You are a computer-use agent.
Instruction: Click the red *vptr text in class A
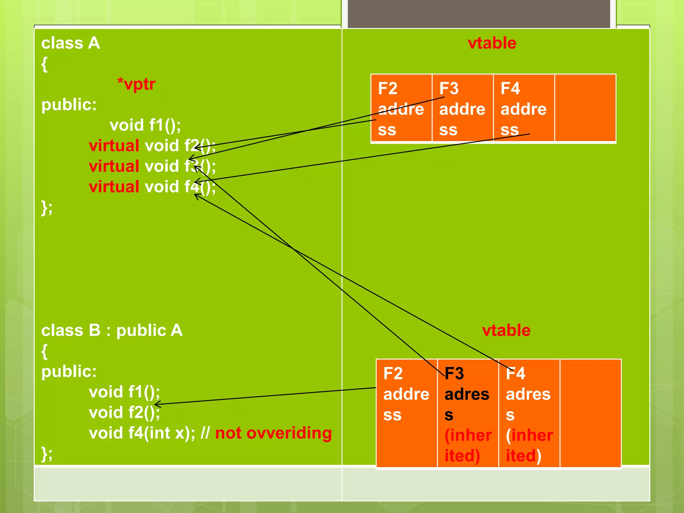(x=136, y=84)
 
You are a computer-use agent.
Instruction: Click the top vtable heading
(x=492, y=43)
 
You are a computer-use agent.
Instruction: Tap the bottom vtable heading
(x=506, y=330)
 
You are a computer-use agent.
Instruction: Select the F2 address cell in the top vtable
(x=401, y=109)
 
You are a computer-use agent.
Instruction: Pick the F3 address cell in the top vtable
(x=463, y=109)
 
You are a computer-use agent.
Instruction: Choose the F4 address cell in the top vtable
(x=524, y=109)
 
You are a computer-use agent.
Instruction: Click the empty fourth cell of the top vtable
(x=585, y=108)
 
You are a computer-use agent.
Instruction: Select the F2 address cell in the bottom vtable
(x=406, y=413)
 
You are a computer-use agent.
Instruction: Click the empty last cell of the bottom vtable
(x=590, y=413)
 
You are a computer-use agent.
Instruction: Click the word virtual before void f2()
(x=114, y=146)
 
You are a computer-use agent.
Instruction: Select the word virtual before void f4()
(x=114, y=187)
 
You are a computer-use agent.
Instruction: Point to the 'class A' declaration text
(x=70, y=43)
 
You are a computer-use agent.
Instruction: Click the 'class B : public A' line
(x=112, y=331)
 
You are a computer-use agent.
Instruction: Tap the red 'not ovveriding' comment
(x=274, y=433)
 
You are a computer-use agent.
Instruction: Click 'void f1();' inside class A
(x=145, y=125)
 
